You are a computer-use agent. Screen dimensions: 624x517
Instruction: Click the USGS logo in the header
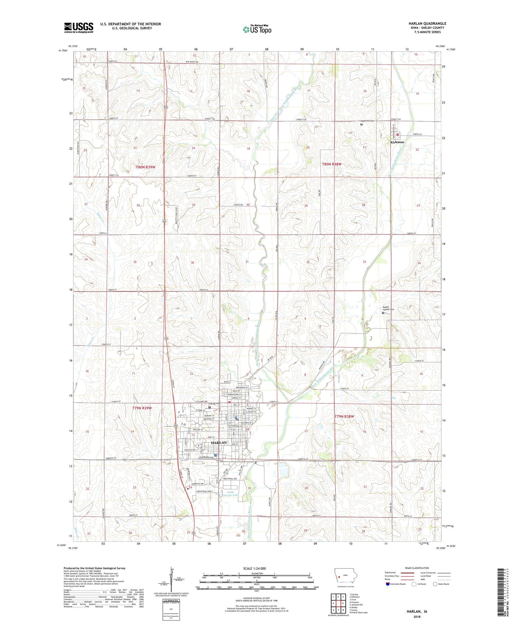pyautogui.click(x=79, y=28)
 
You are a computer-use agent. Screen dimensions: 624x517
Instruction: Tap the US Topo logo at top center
pyautogui.click(x=257, y=30)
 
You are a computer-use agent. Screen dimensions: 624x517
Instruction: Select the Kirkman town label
pyautogui.click(x=397, y=142)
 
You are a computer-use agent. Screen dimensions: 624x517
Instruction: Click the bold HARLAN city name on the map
pyautogui.click(x=219, y=443)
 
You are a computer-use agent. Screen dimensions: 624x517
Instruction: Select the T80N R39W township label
pyautogui.click(x=145, y=167)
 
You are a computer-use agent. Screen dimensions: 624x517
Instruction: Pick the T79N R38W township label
pyautogui.click(x=344, y=416)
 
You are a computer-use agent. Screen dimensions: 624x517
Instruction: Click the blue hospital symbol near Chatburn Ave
pyautogui.click(x=215, y=455)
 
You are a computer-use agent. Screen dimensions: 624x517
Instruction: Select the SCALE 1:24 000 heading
pyautogui.click(x=257, y=568)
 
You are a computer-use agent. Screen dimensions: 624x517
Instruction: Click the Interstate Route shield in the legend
pyautogui.click(x=388, y=584)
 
